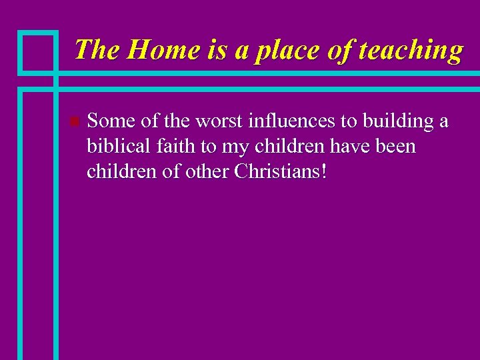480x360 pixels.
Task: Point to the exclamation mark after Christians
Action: [324, 172]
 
